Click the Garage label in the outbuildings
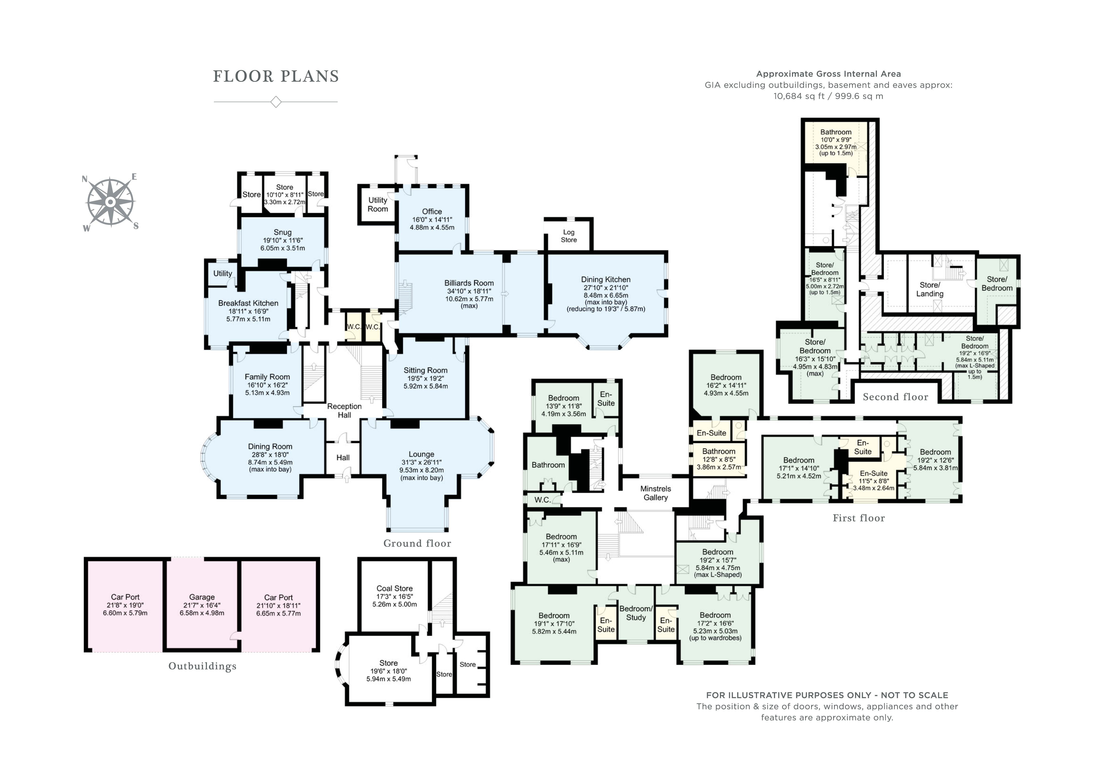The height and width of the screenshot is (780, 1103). tap(202, 597)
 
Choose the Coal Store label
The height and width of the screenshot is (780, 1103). tap(394, 588)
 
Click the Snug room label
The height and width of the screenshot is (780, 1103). tap(282, 232)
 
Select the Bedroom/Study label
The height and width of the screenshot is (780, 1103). tap(636, 613)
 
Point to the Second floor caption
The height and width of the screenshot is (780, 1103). tap(895, 397)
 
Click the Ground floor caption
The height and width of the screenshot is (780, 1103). tap(417, 543)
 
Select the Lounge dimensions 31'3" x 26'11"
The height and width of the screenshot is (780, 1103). tap(421, 462)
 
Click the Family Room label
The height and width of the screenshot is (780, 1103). tap(267, 377)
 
